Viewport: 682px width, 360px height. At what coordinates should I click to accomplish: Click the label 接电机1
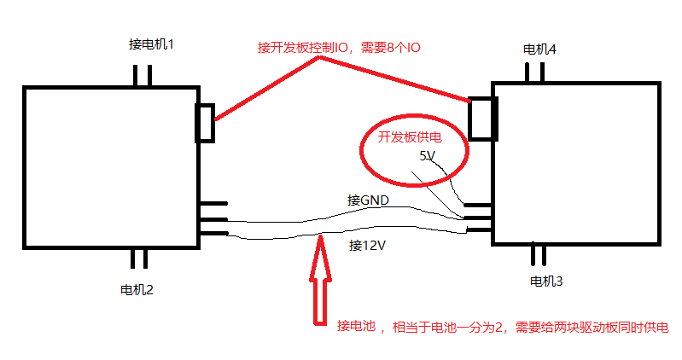151,44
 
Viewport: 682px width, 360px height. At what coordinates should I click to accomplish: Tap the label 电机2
137,288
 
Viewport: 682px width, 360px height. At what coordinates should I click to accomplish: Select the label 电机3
546,281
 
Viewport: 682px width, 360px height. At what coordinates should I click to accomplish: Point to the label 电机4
539,49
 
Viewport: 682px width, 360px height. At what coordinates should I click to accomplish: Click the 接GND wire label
368,200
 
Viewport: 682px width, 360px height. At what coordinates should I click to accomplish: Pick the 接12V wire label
369,245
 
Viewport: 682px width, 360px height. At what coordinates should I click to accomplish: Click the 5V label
428,156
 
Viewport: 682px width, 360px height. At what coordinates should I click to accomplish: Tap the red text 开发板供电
411,136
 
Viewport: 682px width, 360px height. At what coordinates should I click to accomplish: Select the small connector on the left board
206,122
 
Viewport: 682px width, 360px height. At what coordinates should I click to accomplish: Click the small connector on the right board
484,118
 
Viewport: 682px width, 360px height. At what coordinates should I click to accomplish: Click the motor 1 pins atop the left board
143,75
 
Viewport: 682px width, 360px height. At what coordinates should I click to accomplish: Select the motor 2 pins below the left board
139,258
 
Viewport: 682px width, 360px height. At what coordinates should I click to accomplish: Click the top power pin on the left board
213,204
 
